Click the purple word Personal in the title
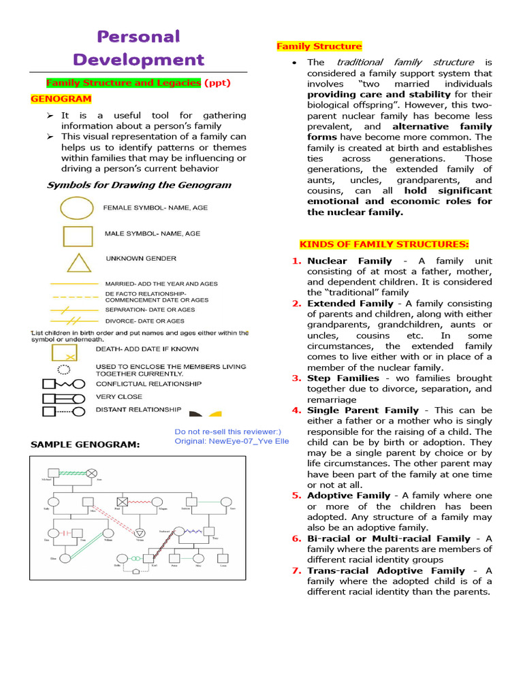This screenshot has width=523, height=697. (x=138, y=36)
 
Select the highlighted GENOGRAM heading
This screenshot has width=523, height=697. (x=61, y=99)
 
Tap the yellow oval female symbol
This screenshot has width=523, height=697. (x=77, y=207)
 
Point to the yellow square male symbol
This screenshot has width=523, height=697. (x=78, y=236)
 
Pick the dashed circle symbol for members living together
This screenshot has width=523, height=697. (x=63, y=370)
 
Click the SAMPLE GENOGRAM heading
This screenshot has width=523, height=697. (x=85, y=444)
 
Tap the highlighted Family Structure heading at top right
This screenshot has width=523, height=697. (x=319, y=46)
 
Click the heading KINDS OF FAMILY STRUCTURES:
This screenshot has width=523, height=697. (x=385, y=244)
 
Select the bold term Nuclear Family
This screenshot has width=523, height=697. (x=349, y=261)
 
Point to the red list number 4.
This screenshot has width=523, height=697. (x=297, y=410)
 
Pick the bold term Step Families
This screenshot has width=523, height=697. (x=343, y=378)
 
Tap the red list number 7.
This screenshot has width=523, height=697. (x=297, y=570)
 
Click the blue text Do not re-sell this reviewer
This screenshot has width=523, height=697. (x=227, y=432)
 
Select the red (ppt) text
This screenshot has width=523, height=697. (x=218, y=82)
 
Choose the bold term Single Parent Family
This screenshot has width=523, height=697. (x=363, y=410)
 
